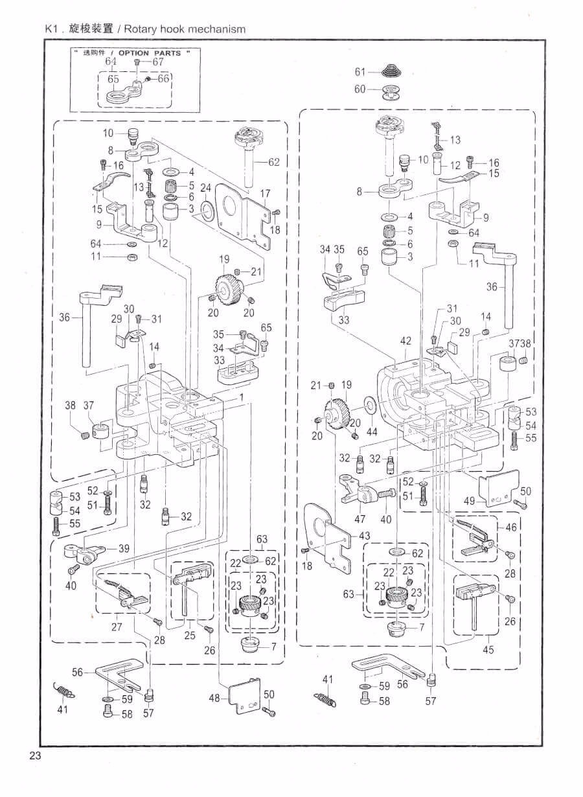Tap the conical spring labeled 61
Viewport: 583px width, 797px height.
(391, 72)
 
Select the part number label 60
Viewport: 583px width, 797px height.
(360, 89)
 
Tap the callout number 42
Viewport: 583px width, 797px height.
(406, 341)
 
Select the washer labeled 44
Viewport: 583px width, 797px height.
(370, 406)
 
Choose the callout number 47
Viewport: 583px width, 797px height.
(360, 519)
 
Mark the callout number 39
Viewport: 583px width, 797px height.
(122, 548)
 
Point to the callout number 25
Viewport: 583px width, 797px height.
(189, 636)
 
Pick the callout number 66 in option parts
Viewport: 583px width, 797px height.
(163, 78)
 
